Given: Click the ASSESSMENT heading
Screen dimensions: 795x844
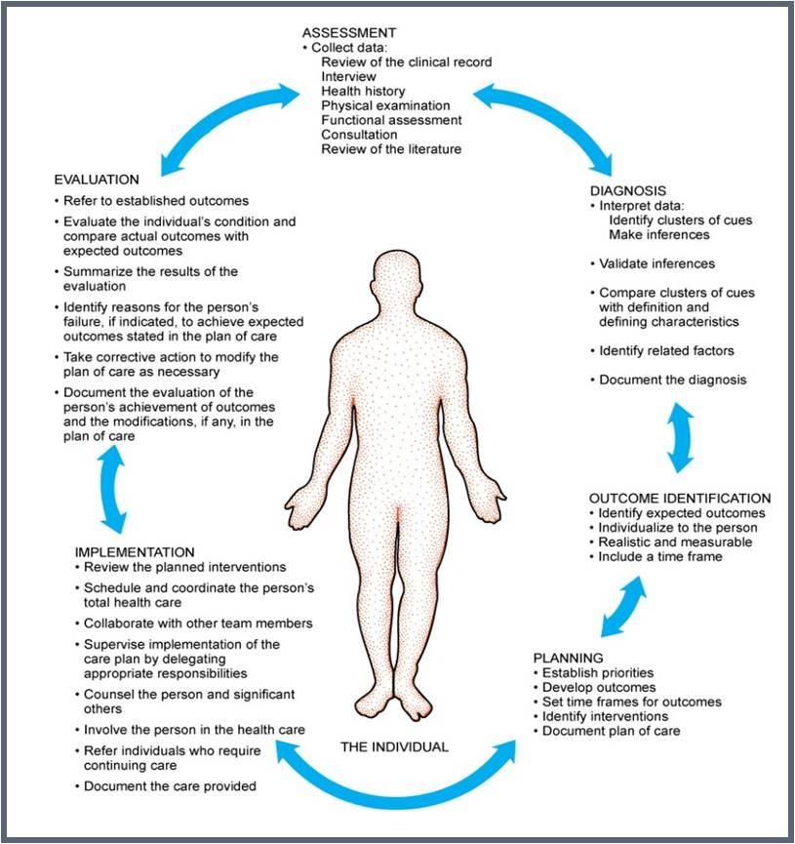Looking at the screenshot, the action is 349,33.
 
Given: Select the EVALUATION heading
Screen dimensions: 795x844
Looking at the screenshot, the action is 97,180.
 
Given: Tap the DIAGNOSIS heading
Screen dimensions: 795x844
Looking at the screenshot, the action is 627,190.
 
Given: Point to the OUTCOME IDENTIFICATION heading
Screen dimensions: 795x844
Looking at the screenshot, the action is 680,499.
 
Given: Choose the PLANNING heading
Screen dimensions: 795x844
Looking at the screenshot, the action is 568,658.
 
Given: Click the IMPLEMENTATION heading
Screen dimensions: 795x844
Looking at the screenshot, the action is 135,552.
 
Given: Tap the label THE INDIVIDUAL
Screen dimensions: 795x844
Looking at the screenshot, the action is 394,746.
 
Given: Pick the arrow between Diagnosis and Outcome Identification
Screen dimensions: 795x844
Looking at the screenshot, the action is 680,437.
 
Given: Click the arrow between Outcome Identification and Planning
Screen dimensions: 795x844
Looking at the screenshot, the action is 623,607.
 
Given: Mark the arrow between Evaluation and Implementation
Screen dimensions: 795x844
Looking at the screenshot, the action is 112,489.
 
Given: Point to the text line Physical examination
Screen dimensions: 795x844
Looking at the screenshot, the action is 385,105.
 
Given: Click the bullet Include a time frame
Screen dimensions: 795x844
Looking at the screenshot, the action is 656,556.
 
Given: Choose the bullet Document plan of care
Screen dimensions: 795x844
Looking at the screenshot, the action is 607,731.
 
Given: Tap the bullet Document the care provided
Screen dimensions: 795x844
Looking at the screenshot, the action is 166,786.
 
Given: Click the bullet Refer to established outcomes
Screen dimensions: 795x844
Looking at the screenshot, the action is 151,201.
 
